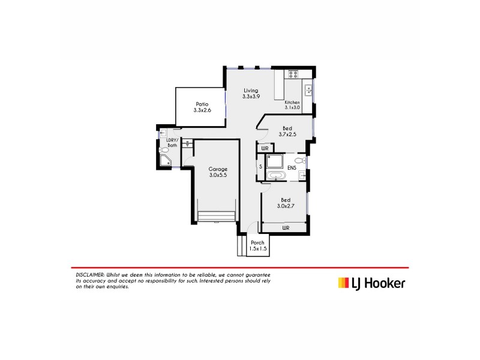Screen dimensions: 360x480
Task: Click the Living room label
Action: click(251, 90)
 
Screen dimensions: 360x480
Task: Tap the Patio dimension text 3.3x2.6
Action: click(202, 110)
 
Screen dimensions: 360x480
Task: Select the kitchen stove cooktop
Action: click(293, 74)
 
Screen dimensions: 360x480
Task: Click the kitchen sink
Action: click(308, 91)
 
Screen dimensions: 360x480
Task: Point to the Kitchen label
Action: click(292, 102)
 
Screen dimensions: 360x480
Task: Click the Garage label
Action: click(218, 169)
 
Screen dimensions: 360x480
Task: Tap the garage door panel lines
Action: click(217, 215)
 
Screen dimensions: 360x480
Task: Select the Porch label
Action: click(258, 242)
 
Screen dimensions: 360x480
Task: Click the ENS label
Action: click(292, 167)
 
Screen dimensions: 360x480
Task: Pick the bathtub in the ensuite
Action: click(277, 176)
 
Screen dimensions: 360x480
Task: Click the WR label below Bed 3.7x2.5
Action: click(265, 147)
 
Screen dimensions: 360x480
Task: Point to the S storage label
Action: click(260, 166)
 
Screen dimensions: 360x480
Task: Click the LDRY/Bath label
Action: click(172, 143)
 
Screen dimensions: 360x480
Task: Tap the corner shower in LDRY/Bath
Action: click(166, 160)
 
